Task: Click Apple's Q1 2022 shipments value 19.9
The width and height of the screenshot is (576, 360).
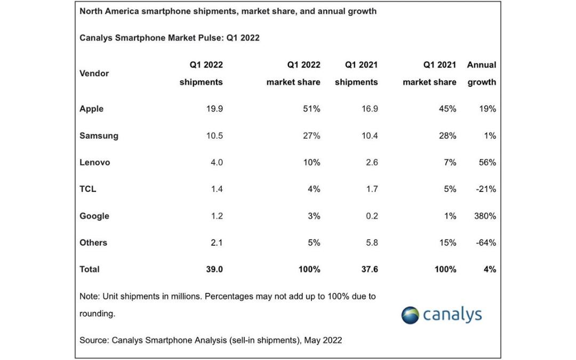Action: [214, 109]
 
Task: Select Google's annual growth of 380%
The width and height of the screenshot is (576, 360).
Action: [485, 216]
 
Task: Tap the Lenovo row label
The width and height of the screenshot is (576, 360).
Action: [95, 162]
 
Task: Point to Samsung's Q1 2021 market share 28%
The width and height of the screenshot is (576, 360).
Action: [447, 135]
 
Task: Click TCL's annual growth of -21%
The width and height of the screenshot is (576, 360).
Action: [486, 189]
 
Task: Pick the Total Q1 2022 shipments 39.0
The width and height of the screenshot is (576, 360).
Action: [214, 269]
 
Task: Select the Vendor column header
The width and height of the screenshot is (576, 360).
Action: [94, 74]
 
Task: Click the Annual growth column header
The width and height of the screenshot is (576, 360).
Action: [482, 74]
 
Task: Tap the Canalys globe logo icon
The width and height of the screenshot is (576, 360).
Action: [410, 315]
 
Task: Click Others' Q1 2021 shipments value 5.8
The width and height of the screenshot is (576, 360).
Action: [372, 243]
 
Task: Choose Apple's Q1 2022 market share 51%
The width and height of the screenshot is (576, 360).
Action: [311, 109]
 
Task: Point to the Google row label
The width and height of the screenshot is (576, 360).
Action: [94, 216]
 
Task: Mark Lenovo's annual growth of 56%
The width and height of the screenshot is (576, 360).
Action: [487, 162]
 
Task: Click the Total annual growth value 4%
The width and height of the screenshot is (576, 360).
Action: [490, 269]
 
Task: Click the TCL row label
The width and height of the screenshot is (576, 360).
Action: [88, 189]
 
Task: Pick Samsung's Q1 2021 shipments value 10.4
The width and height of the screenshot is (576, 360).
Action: [370, 135]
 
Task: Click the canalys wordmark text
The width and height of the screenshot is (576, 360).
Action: [452, 315]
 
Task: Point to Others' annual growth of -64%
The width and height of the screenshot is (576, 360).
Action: [486, 243]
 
